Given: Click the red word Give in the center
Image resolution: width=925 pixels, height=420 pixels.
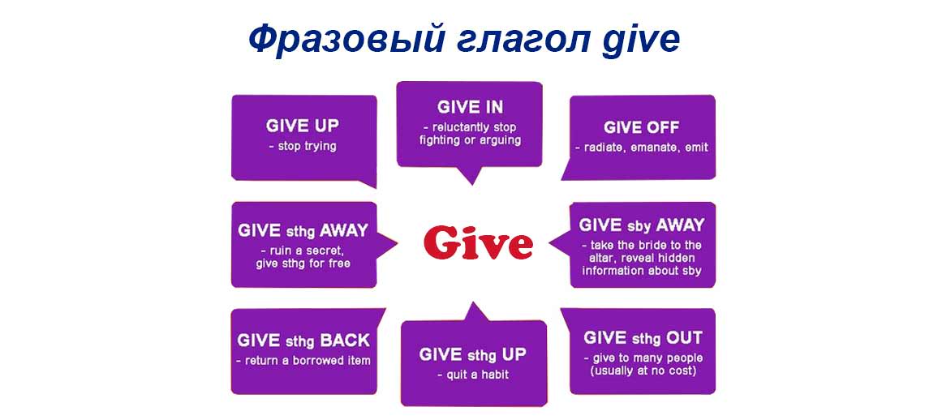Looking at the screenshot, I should pos(477,242).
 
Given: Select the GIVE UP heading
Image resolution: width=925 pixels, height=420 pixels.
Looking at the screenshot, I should pos(303,126).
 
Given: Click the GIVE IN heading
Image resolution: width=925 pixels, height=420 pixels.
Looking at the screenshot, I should pos(470,107).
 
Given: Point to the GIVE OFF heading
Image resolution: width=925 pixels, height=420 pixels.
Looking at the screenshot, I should pos(641,127).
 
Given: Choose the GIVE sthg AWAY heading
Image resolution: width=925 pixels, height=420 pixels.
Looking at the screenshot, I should pos(303,230).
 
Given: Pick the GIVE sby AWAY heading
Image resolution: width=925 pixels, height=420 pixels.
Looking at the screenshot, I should pos(641,225).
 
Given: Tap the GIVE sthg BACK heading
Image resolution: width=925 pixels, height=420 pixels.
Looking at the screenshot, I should pos(303,341).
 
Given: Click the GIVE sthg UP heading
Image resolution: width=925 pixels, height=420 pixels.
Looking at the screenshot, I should pos(472,354).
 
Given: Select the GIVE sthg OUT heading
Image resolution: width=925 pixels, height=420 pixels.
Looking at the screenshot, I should pos(643,338).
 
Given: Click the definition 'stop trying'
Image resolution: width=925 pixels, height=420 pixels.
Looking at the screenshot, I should pos(302,147).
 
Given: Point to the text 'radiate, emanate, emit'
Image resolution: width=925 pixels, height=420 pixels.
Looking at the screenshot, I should pos(641,148).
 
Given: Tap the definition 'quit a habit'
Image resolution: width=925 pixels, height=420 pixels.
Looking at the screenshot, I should pos(472,375).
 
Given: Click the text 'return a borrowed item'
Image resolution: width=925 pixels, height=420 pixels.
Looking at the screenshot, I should pos(303,360).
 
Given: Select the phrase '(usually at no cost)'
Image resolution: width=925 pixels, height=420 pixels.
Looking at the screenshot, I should pos(643,371).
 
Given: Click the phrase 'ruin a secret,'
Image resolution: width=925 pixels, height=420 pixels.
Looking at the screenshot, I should pos(303,251).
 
